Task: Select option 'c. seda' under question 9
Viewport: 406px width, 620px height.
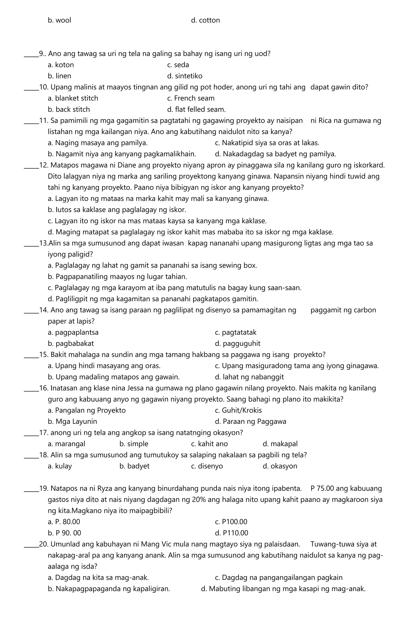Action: [178, 65]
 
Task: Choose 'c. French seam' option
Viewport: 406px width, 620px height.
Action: [191, 98]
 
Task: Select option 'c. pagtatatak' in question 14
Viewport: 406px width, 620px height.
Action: [236, 332]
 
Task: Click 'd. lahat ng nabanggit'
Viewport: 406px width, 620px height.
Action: [249, 377]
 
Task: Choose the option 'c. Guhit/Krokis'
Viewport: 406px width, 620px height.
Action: [238, 410]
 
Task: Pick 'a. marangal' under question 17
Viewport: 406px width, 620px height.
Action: [67, 444]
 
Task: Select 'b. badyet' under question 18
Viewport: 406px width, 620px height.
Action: [134, 466]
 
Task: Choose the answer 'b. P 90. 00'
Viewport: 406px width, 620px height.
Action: [64, 533]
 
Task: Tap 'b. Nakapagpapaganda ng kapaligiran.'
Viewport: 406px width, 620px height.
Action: [109, 589]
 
